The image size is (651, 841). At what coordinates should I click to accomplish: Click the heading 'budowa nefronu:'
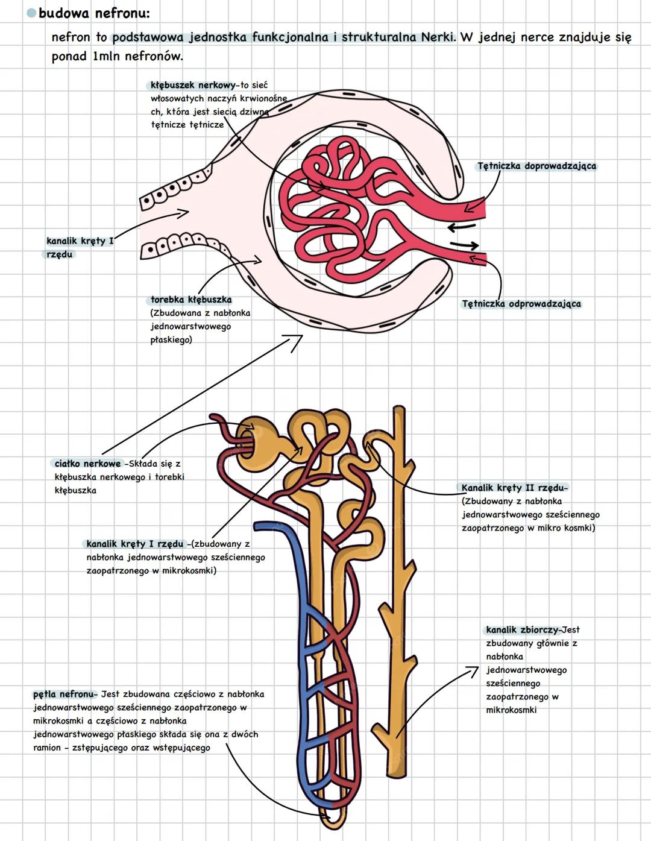pos(94,13)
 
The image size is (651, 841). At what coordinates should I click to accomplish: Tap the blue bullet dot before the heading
pos(31,13)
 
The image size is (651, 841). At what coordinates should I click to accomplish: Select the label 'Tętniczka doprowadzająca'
pos(536,166)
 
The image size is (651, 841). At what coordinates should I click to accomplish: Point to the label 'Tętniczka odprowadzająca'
pos(521,304)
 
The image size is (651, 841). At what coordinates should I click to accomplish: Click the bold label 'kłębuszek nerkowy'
pos(193,86)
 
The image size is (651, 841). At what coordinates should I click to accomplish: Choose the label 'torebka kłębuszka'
pos(191,300)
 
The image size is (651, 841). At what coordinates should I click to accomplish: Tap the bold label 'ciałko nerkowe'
pos(87,464)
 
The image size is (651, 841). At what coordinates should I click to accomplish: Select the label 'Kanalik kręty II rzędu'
pos(514,488)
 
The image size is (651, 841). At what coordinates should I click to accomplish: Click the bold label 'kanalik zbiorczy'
pos(523,630)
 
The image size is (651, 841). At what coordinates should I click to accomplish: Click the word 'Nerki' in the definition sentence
pos(439,37)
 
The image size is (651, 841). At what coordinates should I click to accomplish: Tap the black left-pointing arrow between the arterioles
pos(461,228)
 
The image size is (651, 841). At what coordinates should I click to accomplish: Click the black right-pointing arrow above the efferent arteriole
pos(465,245)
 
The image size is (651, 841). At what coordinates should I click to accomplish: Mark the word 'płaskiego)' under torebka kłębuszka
pos(171,340)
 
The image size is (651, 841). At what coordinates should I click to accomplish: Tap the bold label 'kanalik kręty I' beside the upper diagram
pos(80,241)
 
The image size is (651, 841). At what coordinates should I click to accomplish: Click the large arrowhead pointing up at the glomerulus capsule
pos(295,342)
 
